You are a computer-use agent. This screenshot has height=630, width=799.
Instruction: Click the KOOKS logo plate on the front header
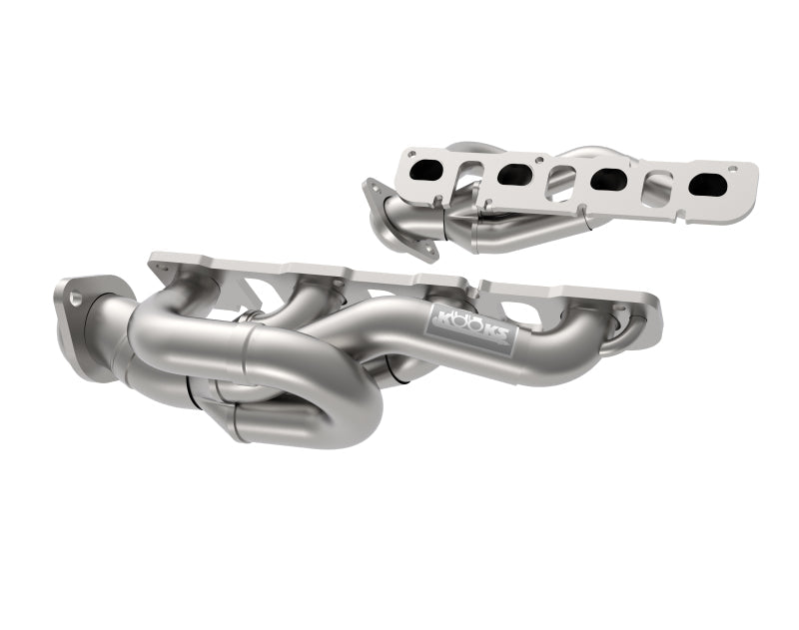coord(472,325)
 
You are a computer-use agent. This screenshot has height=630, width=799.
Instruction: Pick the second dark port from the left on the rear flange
coord(515,174)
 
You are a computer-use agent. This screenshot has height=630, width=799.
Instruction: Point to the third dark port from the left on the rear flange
coord(607,180)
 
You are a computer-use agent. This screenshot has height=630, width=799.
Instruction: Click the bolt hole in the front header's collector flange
coord(74,296)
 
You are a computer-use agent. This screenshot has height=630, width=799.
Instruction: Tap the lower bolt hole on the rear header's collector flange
coord(429,239)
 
